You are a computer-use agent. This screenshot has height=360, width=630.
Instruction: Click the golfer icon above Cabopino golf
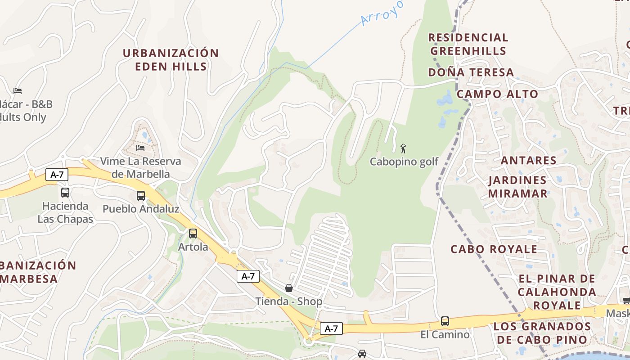pyautogui.click(x=403, y=148)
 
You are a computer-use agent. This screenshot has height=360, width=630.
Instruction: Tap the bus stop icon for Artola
pyautogui.click(x=193, y=234)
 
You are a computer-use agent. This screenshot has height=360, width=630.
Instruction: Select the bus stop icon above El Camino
pyautogui.click(x=445, y=321)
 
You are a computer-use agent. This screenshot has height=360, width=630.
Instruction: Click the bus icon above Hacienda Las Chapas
pyautogui.click(x=65, y=193)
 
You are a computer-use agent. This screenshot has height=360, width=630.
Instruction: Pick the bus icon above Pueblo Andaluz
pyautogui.click(x=141, y=196)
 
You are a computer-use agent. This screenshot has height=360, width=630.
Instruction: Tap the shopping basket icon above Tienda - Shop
pyautogui.click(x=289, y=288)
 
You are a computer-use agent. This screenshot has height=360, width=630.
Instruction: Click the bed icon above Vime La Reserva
pyautogui.click(x=141, y=148)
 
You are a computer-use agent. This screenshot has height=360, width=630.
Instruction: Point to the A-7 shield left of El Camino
pyautogui.click(x=331, y=328)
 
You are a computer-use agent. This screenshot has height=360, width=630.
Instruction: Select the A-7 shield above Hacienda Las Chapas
pyautogui.click(x=57, y=175)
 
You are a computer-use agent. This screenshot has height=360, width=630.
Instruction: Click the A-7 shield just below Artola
pyautogui.click(x=248, y=276)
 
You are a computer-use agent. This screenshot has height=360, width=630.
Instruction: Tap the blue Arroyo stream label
pyautogui.click(x=382, y=13)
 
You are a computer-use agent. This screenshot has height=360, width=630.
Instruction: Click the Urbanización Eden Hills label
pyautogui.click(x=171, y=60)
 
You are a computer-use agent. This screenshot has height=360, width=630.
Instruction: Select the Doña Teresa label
pyautogui.click(x=471, y=72)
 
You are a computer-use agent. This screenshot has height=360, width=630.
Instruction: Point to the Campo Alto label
pyautogui.click(x=497, y=94)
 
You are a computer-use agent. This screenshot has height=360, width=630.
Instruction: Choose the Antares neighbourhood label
pyautogui.click(x=528, y=160)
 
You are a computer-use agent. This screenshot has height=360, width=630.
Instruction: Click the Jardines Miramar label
pyautogui.click(x=518, y=187)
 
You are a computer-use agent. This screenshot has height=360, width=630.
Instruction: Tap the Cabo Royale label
pyautogui.click(x=494, y=249)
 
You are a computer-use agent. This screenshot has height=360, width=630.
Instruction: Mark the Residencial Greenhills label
pyautogui.click(x=468, y=44)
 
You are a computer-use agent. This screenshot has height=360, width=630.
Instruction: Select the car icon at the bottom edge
pyautogui.click(x=362, y=354)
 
